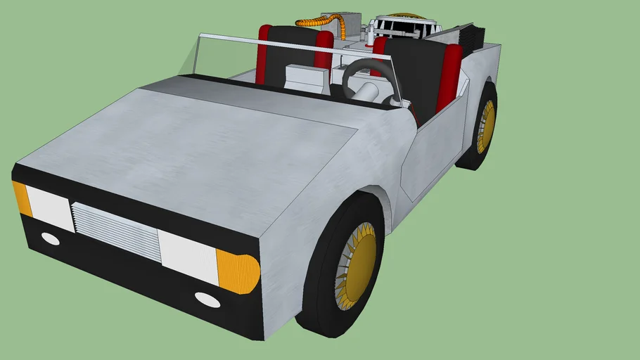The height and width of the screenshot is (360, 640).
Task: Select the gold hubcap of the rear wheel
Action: click(x=486, y=126)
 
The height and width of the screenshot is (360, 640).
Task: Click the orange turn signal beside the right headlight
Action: click(x=237, y=271)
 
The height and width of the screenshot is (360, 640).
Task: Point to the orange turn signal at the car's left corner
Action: click(x=21, y=198)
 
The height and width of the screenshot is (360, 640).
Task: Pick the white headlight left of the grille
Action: click(x=50, y=208)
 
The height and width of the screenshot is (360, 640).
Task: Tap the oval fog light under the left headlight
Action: click(x=51, y=238)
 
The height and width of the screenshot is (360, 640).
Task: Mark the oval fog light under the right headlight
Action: click(x=207, y=299)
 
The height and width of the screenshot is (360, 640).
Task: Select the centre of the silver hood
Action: click(x=211, y=148)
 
